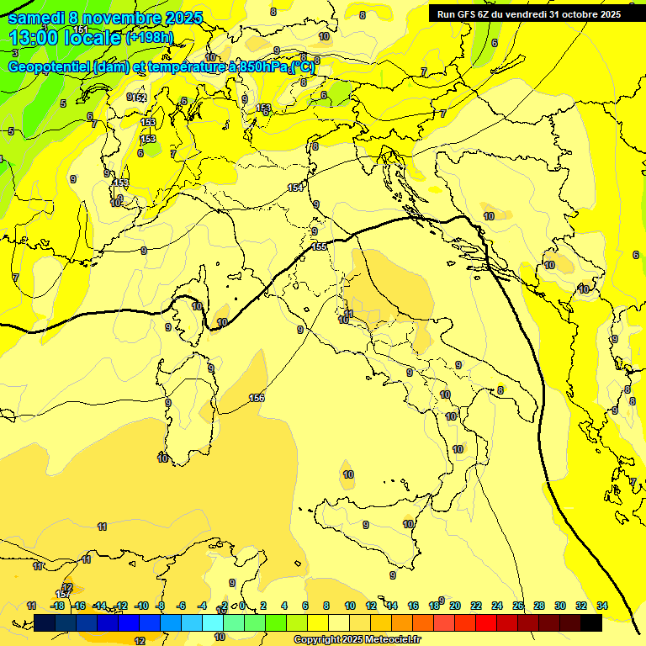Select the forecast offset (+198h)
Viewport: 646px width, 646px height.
point(149,38)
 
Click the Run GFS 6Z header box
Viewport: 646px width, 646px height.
point(528,14)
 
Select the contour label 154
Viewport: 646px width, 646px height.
point(295,188)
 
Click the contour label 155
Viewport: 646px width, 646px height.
point(319,246)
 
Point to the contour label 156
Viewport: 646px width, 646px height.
point(257,398)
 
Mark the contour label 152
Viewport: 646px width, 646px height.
point(140,98)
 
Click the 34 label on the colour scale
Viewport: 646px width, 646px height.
point(602,606)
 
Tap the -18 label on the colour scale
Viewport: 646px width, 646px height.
point(58,606)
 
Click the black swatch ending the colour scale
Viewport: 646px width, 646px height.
point(590,623)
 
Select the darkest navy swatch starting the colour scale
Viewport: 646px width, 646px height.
point(45,623)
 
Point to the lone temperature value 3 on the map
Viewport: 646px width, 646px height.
point(14,53)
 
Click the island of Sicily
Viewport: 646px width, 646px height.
point(370,526)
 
